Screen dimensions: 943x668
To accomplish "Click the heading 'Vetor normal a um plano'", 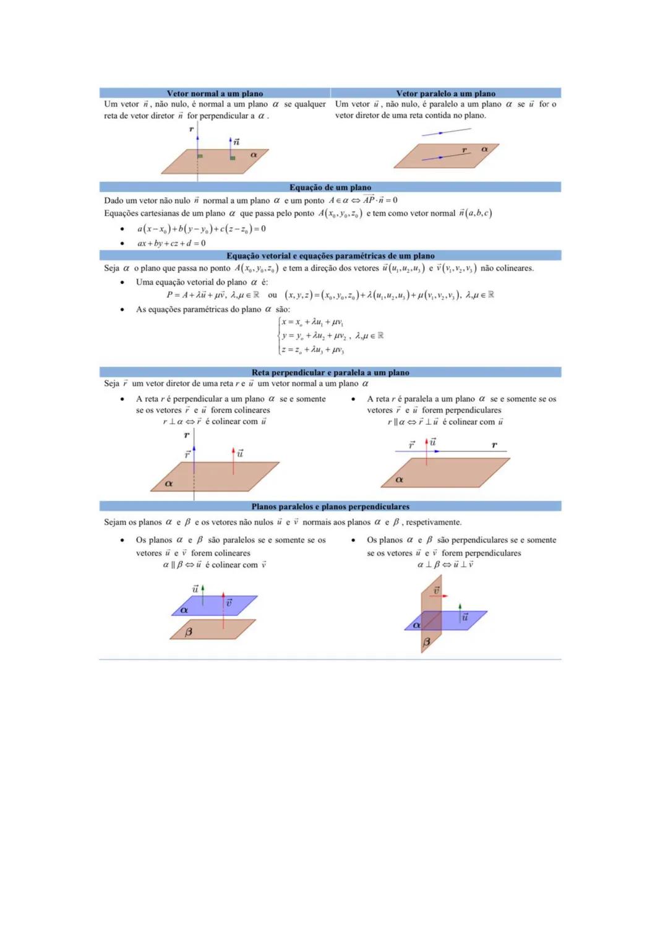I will tap(215, 93).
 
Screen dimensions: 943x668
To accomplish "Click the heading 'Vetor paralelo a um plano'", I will tap(445, 93).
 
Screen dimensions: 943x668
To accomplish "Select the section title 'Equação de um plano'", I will tap(330, 187).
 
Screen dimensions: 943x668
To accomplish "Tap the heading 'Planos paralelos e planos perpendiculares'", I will tap(330, 506).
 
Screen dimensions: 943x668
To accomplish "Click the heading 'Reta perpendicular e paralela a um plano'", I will tap(330, 372).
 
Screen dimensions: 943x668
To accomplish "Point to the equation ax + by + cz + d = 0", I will tap(171, 244).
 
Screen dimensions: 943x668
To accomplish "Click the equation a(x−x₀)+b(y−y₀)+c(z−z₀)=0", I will tap(202, 229).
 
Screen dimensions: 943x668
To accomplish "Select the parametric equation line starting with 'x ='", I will tap(312, 322).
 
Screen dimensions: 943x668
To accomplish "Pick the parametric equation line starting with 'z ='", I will tap(312, 350).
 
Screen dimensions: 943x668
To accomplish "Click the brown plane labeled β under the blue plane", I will tap(213, 629).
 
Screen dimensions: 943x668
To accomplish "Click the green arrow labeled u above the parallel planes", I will tap(202, 591).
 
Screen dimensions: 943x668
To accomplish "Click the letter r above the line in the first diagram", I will tap(191, 129).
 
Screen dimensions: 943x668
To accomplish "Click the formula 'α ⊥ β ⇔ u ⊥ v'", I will tap(445, 565).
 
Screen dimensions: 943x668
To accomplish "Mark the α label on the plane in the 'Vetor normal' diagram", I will tap(254, 155).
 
